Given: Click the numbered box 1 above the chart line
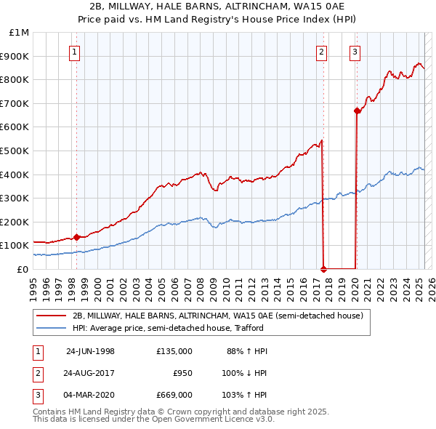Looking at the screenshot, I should [76, 52].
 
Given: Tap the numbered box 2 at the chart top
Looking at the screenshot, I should [321, 52].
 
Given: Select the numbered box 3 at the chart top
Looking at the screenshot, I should [355, 52].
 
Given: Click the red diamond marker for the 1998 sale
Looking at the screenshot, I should [76, 237].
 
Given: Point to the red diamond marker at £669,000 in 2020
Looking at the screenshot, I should [357, 111].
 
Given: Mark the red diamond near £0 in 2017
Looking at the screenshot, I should [324, 269].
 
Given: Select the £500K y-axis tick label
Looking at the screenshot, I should [15, 151].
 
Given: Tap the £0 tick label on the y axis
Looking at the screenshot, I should [23, 269].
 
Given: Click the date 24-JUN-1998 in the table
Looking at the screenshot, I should [90, 351].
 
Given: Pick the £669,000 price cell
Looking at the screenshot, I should [174, 397].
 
